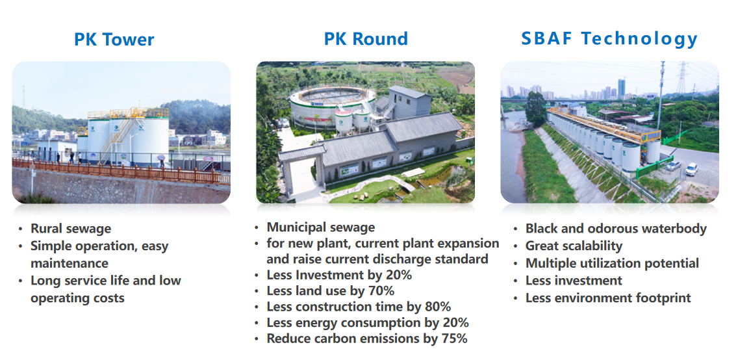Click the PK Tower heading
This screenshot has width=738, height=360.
(x=114, y=40)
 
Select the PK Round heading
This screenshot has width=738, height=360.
(x=366, y=38)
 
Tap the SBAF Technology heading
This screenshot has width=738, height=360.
(x=609, y=39)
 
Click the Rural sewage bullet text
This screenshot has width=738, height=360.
(x=71, y=229)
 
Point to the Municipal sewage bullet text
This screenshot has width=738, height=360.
(x=321, y=227)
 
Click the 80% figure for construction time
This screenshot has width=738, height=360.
(x=438, y=306)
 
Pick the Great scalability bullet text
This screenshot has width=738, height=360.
(x=574, y=246)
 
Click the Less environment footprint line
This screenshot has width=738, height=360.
(x=608, y=298)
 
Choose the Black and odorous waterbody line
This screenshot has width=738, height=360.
(x=616, y=229)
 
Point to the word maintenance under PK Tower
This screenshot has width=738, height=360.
(x=70, y=263)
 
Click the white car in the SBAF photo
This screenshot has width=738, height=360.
(x=691, y=170)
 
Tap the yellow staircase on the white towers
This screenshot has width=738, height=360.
(x=120, y=134)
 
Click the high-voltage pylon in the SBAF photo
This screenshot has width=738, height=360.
(x=681, y=78)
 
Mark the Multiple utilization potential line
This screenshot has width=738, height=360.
(x=613, y=263)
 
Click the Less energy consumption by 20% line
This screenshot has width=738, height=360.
(x=368, y=322)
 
